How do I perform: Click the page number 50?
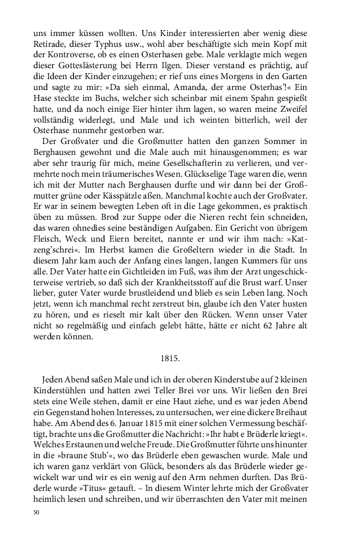(37, 512)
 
